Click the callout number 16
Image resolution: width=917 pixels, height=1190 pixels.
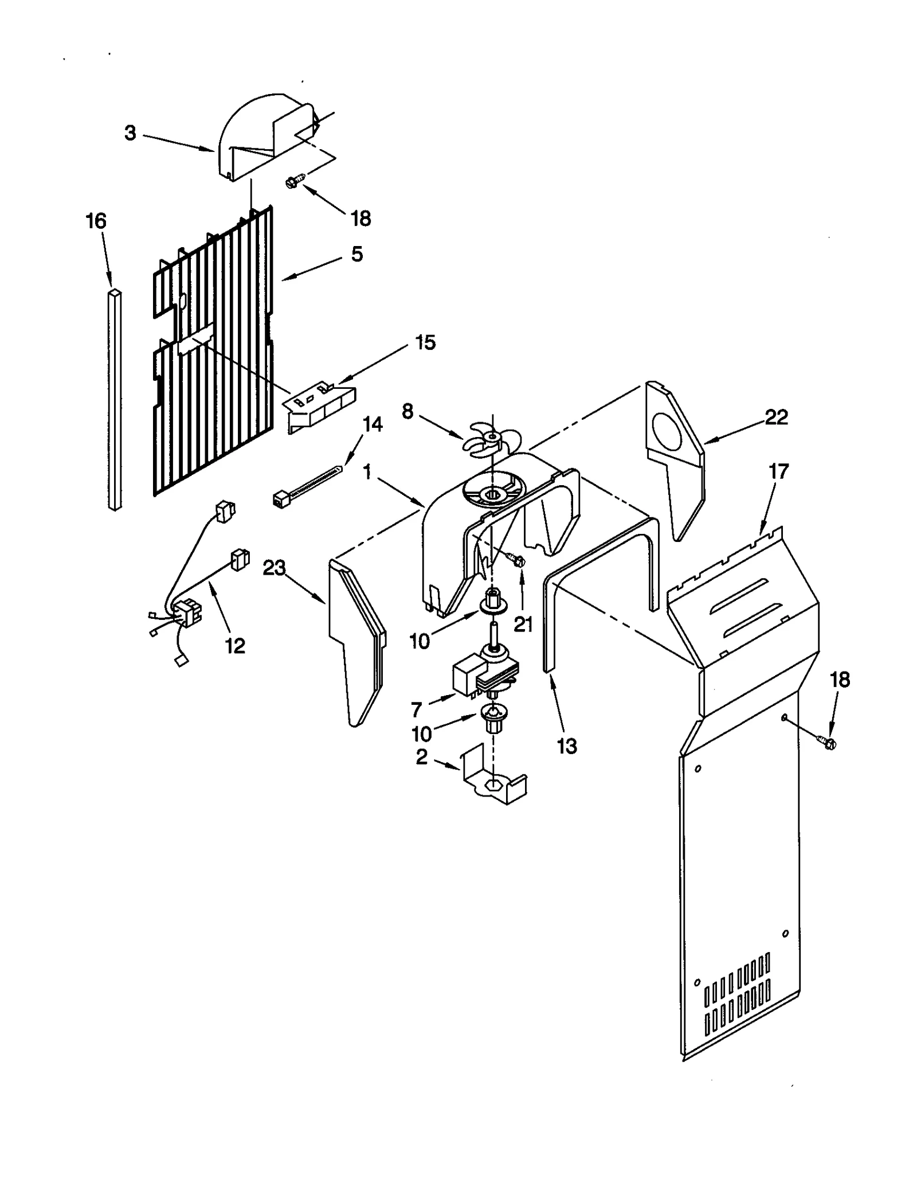coord(96,221)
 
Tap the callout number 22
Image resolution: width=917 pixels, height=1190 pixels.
coord(776,417)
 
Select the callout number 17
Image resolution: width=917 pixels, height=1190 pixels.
coord(778,471)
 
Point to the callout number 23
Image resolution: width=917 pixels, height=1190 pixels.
coord(274,568)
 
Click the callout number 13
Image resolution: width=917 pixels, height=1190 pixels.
coord(567,746)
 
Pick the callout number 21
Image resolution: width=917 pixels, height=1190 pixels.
coord(523,624)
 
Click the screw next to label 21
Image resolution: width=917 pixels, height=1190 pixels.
coord(516,559)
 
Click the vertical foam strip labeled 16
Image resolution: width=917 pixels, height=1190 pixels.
coord(115,399)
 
